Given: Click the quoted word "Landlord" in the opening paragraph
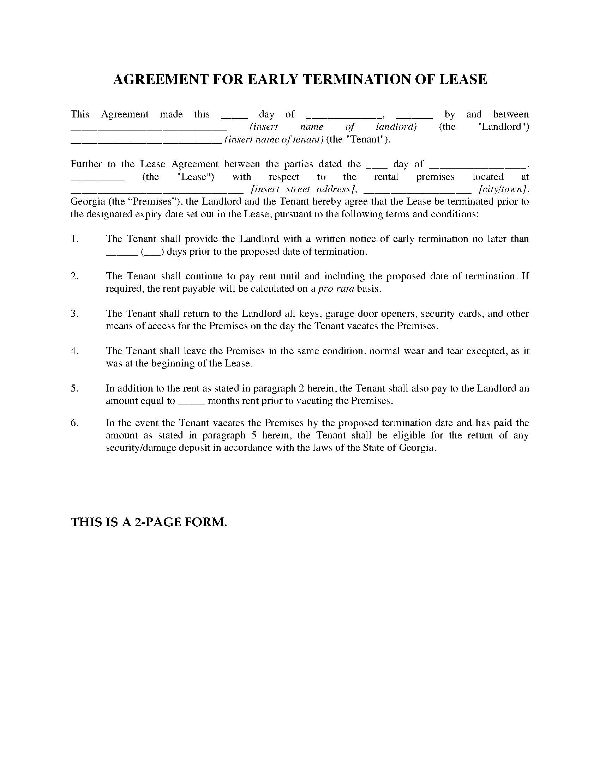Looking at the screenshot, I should [x=503, y=127].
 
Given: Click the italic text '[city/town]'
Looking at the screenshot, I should [x=503, y=189].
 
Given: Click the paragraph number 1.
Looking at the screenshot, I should [x=74, y=239].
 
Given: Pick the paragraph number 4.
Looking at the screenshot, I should [x=74, y=351].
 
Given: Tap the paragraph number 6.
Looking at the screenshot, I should [x=74, y=423].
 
